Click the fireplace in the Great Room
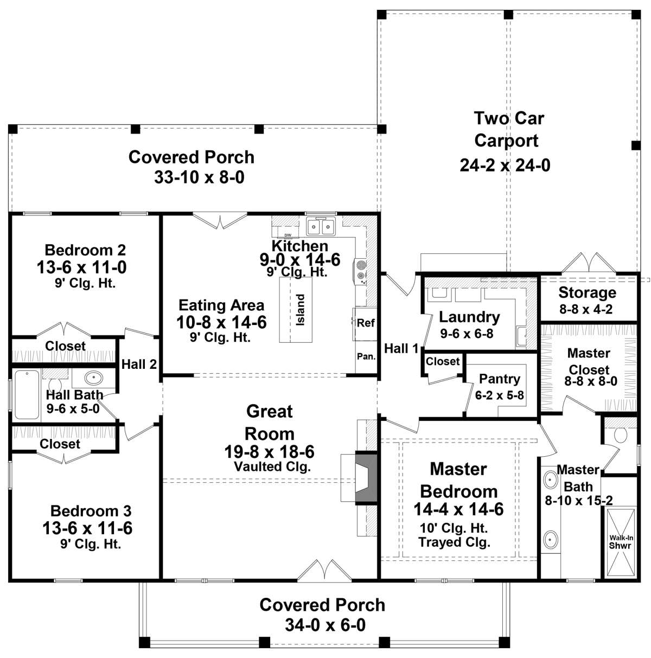pos(366,477)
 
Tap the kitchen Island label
pos(300,309)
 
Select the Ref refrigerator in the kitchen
pos(366,323)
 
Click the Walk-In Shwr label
pos(620,542)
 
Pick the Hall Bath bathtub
pos(27,394)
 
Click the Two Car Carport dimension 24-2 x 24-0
pos(505,165)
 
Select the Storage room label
pos(587,293)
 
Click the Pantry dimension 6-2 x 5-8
pos(500,395)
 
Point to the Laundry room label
pos(469,317)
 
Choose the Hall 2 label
pos(139,365)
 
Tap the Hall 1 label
pos(401,348)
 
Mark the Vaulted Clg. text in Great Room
pos(272,467)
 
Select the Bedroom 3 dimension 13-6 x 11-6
pos(87,528)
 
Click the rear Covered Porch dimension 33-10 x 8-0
pos(199,177)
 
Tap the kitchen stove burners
pos(361,270)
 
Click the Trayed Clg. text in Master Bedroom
pos(455,542)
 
